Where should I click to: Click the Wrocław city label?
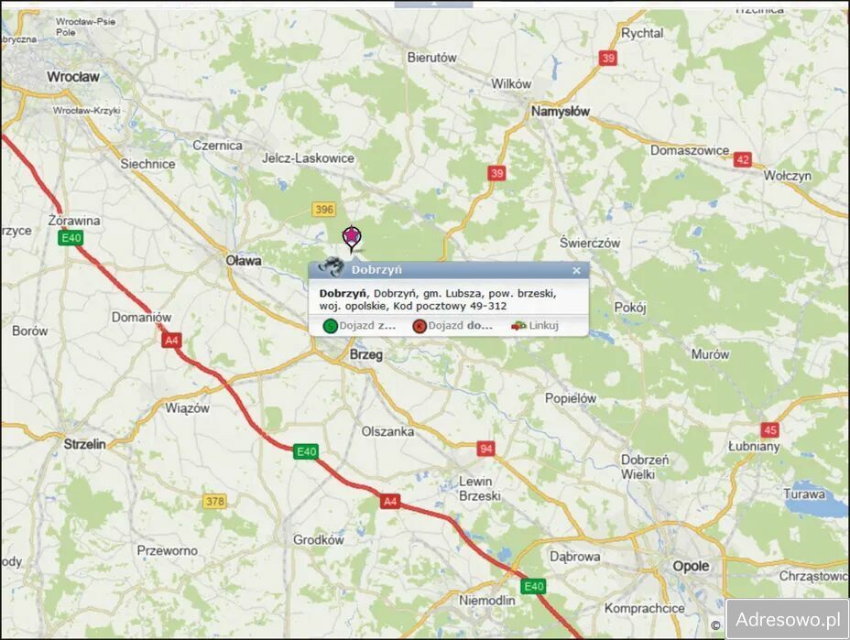(72, 77)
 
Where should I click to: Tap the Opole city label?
(691, 566)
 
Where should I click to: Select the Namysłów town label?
(561, 111)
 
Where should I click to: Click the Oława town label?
(244, 261)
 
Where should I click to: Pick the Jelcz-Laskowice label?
(308, 158)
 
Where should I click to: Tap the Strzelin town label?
(85, 443)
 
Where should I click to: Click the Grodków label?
(319, 540)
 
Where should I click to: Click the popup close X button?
(576, 270)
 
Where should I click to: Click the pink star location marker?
(351, 238)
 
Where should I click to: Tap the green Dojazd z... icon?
(330, 325)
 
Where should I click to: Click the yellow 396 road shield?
(323, 210)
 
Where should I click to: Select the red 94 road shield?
(485, 449)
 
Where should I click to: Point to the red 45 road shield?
(769, 429)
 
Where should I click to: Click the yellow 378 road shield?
(214, 501)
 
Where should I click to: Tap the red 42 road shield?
(742, 159)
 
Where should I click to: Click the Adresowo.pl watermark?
(788, 619)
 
